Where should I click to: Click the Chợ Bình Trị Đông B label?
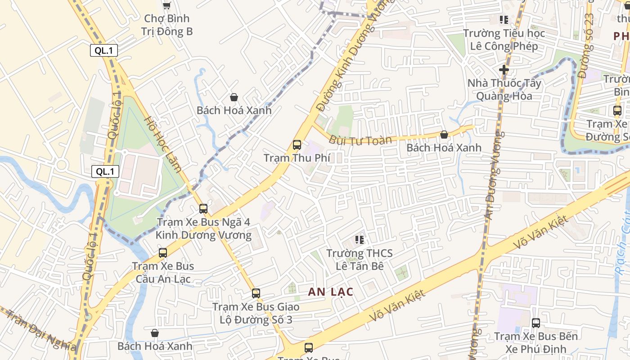(167, 25)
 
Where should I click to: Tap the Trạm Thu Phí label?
(297, 158)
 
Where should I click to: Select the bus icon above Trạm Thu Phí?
(297, 145)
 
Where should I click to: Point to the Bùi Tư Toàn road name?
(360, 140)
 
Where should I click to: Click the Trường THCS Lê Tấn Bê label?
(360, 260)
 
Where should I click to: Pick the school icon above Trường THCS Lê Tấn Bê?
(360, 239)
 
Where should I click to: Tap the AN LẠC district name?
(331, 292)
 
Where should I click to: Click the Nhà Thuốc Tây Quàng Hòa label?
(504, 90)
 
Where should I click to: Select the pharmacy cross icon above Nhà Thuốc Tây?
(504, 70)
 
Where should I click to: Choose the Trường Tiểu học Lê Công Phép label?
(504, 40)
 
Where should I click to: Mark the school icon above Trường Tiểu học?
(504, 20)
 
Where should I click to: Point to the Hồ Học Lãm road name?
(163, 144)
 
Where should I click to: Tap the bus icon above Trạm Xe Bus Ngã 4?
(203, 209)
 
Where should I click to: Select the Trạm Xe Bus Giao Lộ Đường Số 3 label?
(256, 313)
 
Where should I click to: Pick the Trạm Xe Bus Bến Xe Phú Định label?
(536, 342)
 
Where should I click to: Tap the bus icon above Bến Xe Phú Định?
(536, 323)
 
